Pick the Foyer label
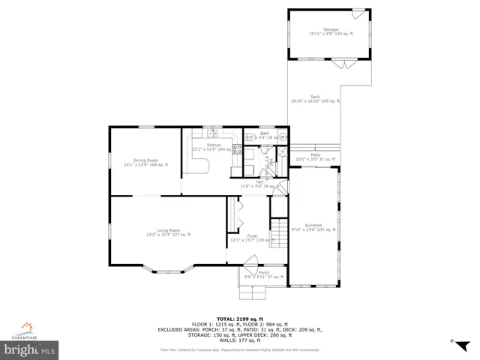252,237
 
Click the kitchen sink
213,134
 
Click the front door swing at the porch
250,260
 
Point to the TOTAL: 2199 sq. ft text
239,318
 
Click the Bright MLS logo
29,349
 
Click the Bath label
264,134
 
